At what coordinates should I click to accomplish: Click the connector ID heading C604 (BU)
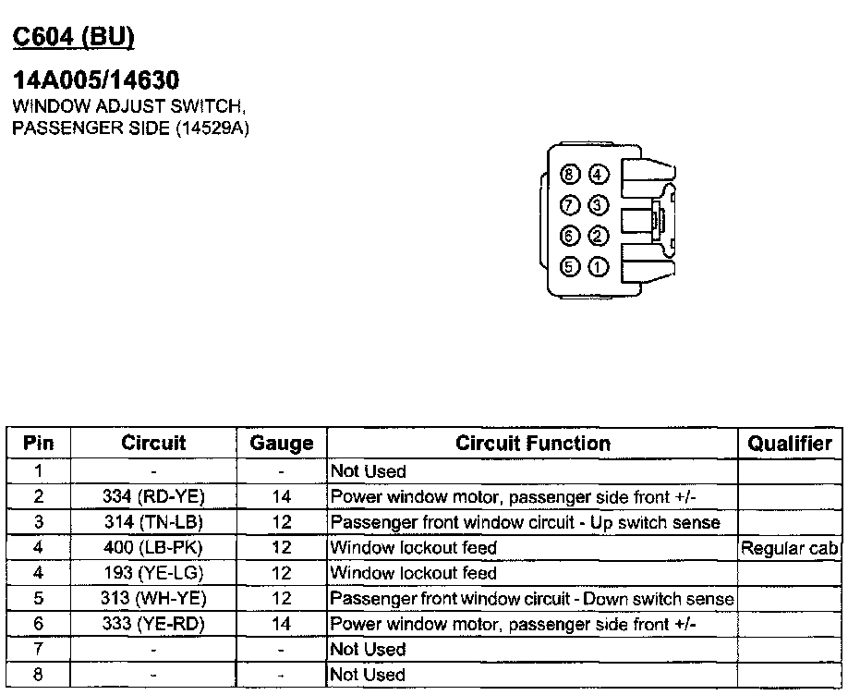pyautogui.click(x=73, y=36)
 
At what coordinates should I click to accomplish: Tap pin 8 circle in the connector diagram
pyautogui.click(x=570, y=174)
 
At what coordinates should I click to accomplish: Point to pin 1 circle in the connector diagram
pyautogui.click(x=599, y=267)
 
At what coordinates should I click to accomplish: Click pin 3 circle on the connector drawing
pyautogui.click(x=599, y=204)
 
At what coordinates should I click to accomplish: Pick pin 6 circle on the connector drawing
pyautogui.click(x=570, y=236)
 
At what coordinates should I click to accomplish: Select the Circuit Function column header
pyautogui.click(x=533, y=444)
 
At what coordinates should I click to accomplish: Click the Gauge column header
pyautogui.click(x=282, y=444)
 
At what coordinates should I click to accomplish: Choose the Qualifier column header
pyautogui.click(x=790, y=444)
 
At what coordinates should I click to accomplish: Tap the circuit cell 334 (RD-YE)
pyautogui.click(x=153, y=496)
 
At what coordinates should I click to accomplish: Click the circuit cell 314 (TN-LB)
pyautogui.click(x=153, y=522)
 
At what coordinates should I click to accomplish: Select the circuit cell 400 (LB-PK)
pyautogui.click(x=153, y=548)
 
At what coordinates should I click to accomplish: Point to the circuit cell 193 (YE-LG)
pyautogui.click(x=153, y=573)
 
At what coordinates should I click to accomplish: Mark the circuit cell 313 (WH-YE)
pyautogui.click(x=153, y=599)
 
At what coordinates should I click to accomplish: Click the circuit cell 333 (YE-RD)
pyautogui.click(x=153, y=624)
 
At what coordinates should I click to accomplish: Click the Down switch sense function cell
pyautogui.click(x=532, y=599)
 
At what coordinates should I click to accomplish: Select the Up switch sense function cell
pyautogui.click(x=525, y=522)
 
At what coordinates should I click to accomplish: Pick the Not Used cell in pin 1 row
pyautogui.click(x=368, y=471)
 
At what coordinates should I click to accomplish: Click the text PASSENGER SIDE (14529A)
pyautogui.click(x=130, y=127)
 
